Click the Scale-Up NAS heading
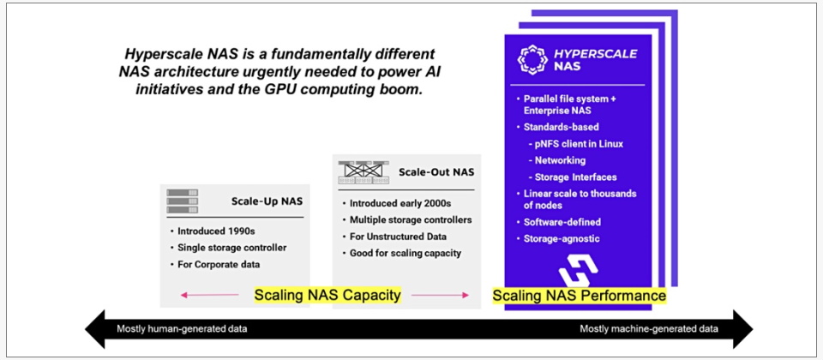267,201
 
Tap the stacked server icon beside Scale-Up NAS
182,201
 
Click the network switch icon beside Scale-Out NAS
363,172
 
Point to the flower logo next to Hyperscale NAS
532,59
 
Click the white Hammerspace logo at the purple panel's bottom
578,270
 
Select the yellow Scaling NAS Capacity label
327,296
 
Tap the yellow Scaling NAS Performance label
579,296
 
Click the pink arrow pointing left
209,296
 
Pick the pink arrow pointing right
439,296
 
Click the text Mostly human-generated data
182,329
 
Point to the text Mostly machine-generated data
649,329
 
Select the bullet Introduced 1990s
213,231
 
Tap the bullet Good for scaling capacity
401,253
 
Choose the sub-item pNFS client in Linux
575,144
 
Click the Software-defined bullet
558,222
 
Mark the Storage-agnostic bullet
557,239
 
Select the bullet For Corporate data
214,265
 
